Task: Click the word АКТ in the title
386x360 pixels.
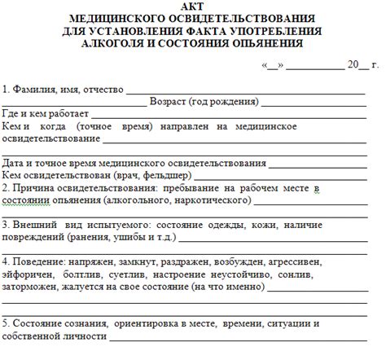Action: click(x=192, y=7)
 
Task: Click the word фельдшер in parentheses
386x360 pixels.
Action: click(x=170, y=175)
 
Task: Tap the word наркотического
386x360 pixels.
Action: click(x=207, y=200)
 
